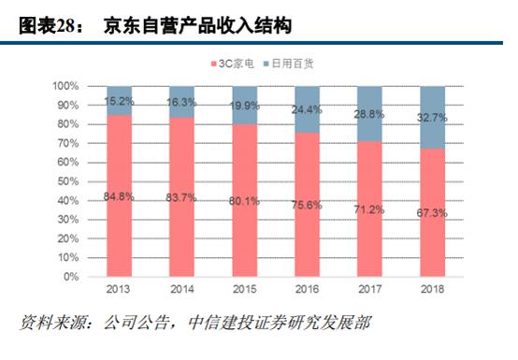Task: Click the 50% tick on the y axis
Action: coord(68,181)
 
